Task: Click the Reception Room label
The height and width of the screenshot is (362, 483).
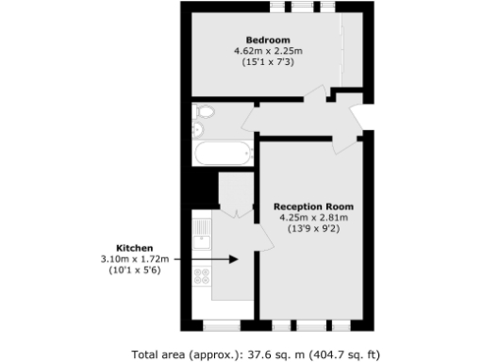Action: coord(314,206)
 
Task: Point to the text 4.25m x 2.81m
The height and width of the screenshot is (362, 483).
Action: coord(314,218)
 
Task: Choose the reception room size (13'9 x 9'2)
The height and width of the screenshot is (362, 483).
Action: coord(314,229)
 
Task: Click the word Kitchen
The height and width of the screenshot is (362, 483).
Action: coord(134,248)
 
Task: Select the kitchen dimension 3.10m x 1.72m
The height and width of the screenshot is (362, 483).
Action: coord(134,259)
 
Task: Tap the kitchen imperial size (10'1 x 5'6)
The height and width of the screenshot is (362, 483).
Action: coord(134,271)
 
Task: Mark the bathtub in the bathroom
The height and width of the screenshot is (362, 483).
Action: coord(219,152)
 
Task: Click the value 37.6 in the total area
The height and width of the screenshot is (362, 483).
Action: coord(273,354)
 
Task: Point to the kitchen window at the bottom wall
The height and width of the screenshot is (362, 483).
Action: coord(223,325)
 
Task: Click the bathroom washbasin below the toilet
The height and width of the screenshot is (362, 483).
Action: coord(199,131)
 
